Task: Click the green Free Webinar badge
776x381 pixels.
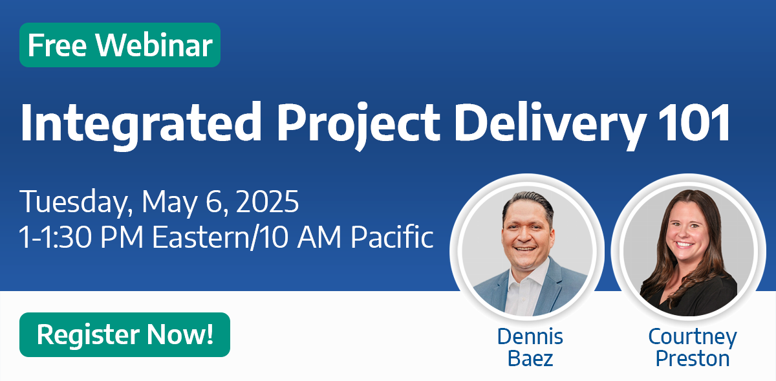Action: click(120, 45)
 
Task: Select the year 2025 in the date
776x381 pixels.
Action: click(266, 202)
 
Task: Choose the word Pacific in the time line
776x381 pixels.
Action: click(392, 237)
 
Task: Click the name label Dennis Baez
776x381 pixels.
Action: click(530, 347)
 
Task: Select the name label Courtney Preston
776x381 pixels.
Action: click(692, 347)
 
